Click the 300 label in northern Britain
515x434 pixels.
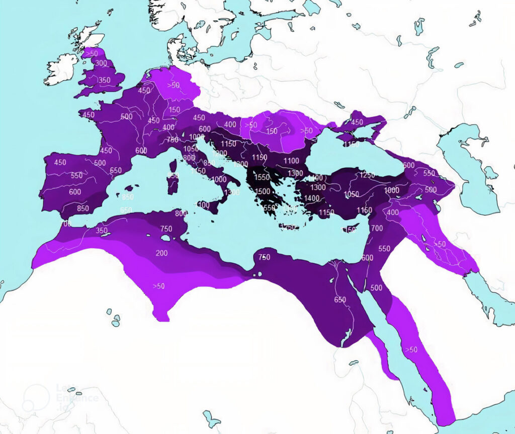click(101, 63)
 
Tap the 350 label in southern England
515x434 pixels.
click(104, 80)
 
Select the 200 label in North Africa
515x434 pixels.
click(161, 253)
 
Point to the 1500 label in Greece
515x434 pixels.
click(263, 191)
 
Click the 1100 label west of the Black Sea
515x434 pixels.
click(291, 161)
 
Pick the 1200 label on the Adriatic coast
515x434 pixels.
click(220, 154)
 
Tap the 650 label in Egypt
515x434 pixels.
click(340, 300)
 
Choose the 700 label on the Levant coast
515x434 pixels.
click(377, 229)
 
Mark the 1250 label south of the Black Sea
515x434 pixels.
click(367, 175)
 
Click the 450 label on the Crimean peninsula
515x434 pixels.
click(357, 122)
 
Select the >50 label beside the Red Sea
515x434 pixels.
click(411, 349)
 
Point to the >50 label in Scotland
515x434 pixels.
click(92, 53)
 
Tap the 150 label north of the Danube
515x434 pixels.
click(272, 131)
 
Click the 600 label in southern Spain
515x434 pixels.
click(75, 192)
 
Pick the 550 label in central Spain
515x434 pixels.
click(76, 176)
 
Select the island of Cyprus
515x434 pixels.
click(351, 230)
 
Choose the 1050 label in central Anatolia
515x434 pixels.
click(351, 195)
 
